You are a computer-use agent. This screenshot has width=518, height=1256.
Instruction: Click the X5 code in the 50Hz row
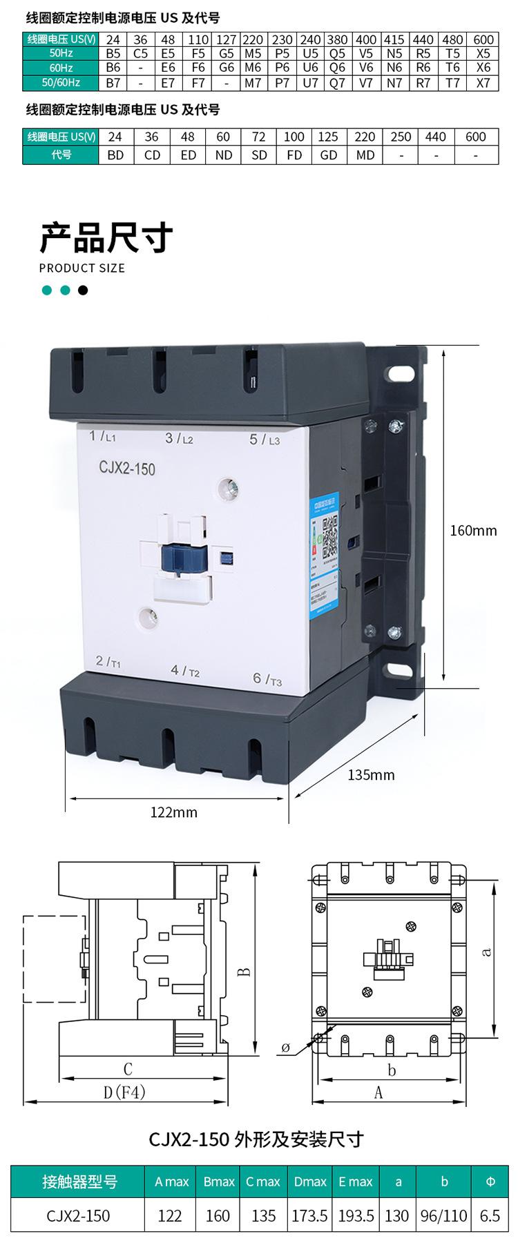[x=483, y=53]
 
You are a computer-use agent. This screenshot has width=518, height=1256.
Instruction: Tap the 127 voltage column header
[x=226, y=39]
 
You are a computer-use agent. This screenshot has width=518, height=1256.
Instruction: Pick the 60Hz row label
[x=61, y=68]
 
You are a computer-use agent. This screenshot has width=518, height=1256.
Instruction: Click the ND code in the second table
[x=224, y=155]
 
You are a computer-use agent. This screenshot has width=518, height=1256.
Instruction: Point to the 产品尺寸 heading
[x=106, y=237]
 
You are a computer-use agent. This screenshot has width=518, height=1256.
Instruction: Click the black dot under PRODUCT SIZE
[x=83, y=290]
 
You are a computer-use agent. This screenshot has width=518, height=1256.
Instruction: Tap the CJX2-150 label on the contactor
[x=123, y=469]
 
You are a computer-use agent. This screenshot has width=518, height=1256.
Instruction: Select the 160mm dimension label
[x=473, y=530]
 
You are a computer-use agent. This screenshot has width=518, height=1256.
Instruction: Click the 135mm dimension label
[x=371, y=774]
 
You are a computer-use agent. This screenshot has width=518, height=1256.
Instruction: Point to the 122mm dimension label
[x=174, y=812]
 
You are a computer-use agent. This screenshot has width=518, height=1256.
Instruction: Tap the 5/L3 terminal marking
[x=264, y=440]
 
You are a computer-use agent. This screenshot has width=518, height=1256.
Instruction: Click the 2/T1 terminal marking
[x=108, y=662]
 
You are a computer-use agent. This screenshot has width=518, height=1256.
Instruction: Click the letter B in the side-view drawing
[x=244, y=972]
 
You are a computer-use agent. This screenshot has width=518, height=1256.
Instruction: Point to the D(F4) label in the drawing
[x=125, y=1092]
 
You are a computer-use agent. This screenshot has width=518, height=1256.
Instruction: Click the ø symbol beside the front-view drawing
[x=285, y=1048]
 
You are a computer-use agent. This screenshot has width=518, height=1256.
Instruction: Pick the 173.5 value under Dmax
[x=309, y=1234]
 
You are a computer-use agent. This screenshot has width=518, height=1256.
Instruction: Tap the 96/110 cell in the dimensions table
[x=444, y=1234]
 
